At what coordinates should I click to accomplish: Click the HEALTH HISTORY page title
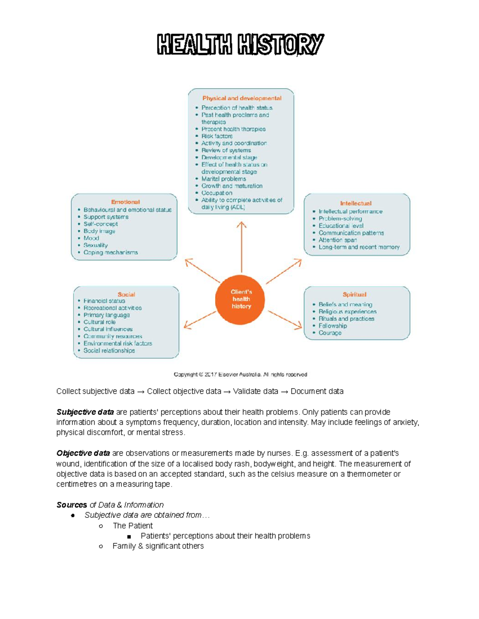pyautogui.click(x=240, y=44)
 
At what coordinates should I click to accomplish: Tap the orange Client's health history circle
pyautogui.click(x=241, y=299)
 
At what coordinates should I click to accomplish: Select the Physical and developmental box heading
pyautogui.click(x=241, y=98)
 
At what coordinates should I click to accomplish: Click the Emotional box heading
pyautogui.click(x=125, y=202)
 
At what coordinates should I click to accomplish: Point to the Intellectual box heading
pyautogui.click(x=356, y=203)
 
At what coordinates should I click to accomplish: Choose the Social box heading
pyautogui.click(x=126, y=295)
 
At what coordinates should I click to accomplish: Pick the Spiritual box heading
pyautogui.click(x=354, y=295)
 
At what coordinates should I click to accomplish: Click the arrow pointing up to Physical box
pyautogui.click(x=241, y=247)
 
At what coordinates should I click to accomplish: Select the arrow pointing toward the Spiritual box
pyautogui.click(x=285, y=320)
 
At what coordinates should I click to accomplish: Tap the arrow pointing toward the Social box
pyautogui.click(x=200, y=320)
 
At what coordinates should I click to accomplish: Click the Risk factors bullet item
pyautogui.click(x=217, y=136)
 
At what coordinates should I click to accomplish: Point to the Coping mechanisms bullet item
pyautogui.click(x=111, y=253)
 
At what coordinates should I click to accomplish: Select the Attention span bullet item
pyautogui.click(x=337, y=240)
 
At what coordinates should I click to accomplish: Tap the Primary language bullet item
pyautogui.click(x=106, y=315)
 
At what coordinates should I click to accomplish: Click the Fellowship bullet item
pyautogui.click(x=333, y=326)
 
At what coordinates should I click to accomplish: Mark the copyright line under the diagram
pyautogui.click(x=240, y=375)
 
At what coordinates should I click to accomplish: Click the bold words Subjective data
pyautogui.click(x=85, y=412)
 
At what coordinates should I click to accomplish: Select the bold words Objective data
pyautogui.click(x=83, y=453)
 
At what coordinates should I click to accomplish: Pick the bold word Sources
pyautogui.click(x=71, y=505)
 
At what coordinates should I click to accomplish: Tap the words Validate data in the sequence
pyautogui.click(x=255, y=391)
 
